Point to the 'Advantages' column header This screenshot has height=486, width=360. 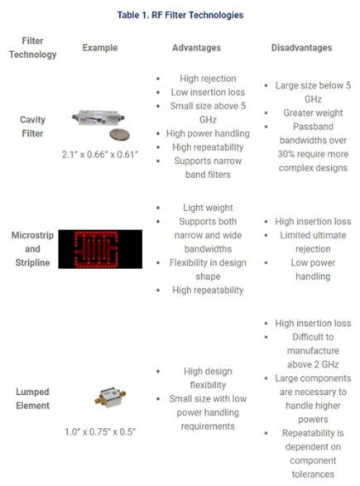tap(195, 48)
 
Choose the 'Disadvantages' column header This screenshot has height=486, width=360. tap(301, 48)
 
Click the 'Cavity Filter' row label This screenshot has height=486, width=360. tap(32, 125)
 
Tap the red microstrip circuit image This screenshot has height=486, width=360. tap(99, 248)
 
